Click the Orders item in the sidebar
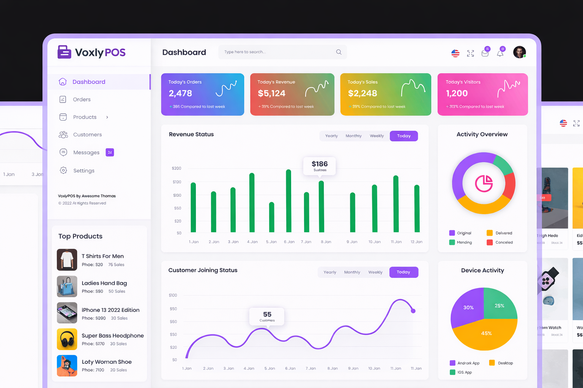click(x=81, y=100)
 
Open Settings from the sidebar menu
click(x=84, y=171)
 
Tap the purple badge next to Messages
click(x=110, y=152)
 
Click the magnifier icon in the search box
click(x=339, y=52)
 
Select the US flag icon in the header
click(x=455, y=53)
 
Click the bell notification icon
click(x=500, y=53)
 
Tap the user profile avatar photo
click(x=519, y=52)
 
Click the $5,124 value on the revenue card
click(x=271, y=93)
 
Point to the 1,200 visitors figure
click(x=457, y=93)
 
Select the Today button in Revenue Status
click(x=403, y=136)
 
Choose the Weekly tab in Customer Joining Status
click(x=375, y=272)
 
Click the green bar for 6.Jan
click(x=288, y=201)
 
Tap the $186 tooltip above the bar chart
click(x=320, y=166)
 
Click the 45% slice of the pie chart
click(x=486, y=334)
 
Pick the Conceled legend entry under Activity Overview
click(x=504, y=242)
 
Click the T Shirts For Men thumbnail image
click(x=67, y=260)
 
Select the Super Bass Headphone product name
click(x=113, y=336)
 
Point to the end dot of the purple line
click(x=413, y=311)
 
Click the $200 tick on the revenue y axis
click(x=176, y=168)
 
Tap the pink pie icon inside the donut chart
click(x=484, y=184)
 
